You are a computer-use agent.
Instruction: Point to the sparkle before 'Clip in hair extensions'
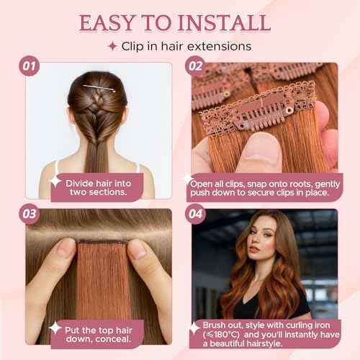click(112, 46)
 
